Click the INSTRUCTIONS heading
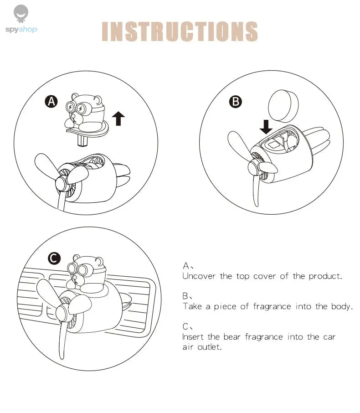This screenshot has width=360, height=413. click(x=180, y=31)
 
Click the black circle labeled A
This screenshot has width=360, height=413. click(x=51, y=101)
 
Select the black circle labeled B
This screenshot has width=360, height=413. click(x=235, y=101)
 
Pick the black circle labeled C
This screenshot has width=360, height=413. click(x=54, y=259)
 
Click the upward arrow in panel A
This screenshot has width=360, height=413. click(x=118, y=118)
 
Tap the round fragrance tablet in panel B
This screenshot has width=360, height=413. click(x=282, y=105)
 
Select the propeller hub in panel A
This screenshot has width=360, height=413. click(x=63, y=185)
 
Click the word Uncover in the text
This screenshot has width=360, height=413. click(x=199, y=276)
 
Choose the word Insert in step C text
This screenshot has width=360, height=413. click(x=193, y=337)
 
